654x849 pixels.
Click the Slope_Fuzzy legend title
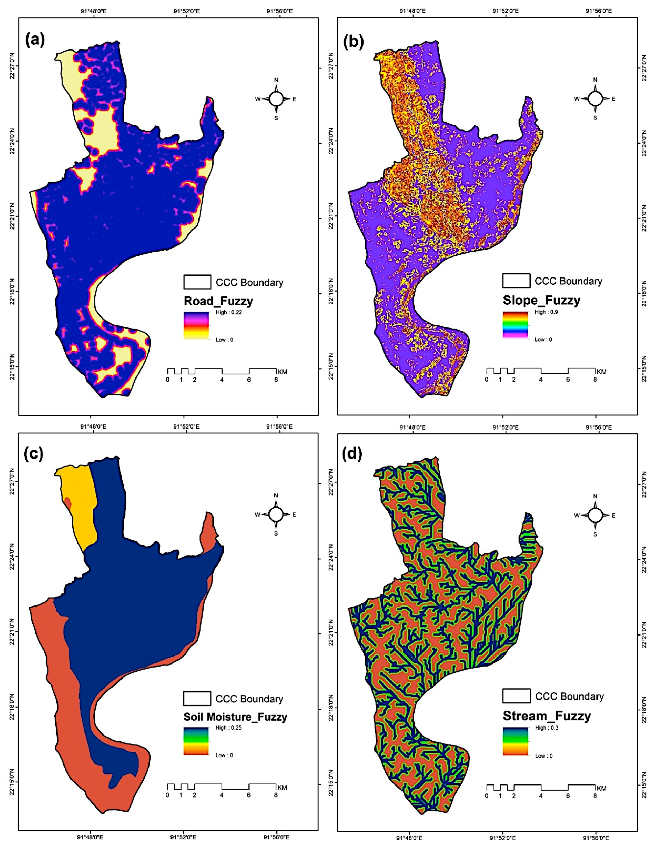tap(541, 300)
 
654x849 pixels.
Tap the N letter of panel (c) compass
tap(276, 495)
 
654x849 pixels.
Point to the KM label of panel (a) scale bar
tap(282, 372)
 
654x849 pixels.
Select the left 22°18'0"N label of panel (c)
tap(11, 711)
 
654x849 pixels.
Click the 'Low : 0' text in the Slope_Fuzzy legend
tap(543, 339)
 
